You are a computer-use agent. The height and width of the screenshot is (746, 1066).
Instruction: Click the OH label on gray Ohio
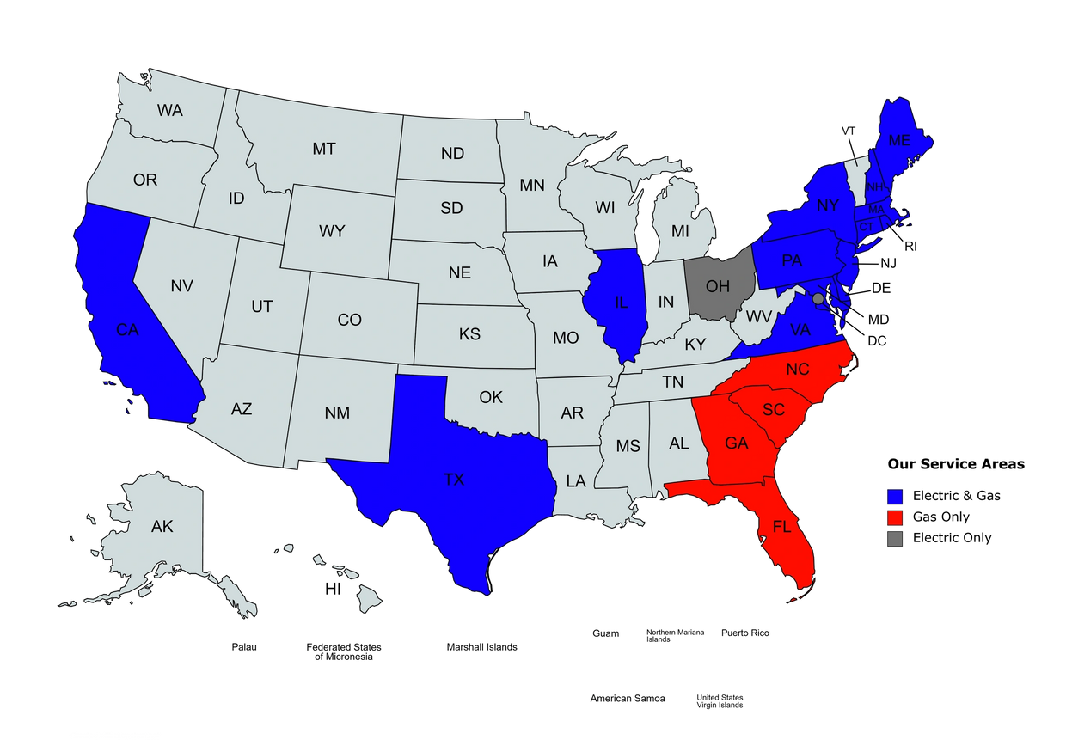(x=716, y=285)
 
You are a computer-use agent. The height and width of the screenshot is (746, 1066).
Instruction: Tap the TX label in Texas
(x=454, y=480)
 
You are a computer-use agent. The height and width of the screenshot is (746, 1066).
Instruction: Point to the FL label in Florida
(x=781, y=526)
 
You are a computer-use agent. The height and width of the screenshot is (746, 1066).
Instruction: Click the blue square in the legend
(x=894, y=496)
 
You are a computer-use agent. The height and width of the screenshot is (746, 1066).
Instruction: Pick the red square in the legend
(x=894, y=517)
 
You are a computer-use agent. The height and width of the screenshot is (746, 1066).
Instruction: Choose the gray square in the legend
(x=894, y=539)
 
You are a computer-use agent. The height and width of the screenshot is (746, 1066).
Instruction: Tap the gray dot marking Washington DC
(x=818, y=298)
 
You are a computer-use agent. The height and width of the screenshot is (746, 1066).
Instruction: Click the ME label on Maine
(x=899, y=140)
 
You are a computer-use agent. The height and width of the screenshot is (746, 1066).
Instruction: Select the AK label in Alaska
(x=162, y=526)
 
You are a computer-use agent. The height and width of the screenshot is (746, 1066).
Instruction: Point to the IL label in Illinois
(x=622, y=302)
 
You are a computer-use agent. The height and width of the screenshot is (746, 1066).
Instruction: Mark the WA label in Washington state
(x=170, y=110)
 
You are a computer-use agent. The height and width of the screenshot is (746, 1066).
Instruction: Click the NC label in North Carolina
(x=798, y=370)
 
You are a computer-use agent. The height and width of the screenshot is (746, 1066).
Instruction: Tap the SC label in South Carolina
(x=774, y=410)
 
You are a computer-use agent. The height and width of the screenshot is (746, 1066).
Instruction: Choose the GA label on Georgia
(x=737, y=443)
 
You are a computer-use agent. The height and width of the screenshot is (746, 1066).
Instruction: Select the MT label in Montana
(x=324, y=149)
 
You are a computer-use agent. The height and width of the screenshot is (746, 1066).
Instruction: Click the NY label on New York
(x=828, y=205)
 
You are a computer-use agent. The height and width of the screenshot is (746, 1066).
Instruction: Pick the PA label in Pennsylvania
(x=792, y=260)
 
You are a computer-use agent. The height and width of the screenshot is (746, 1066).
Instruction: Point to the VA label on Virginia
(x=800, y=328)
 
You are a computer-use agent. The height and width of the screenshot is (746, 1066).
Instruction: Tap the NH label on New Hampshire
(x=875, y=186)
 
